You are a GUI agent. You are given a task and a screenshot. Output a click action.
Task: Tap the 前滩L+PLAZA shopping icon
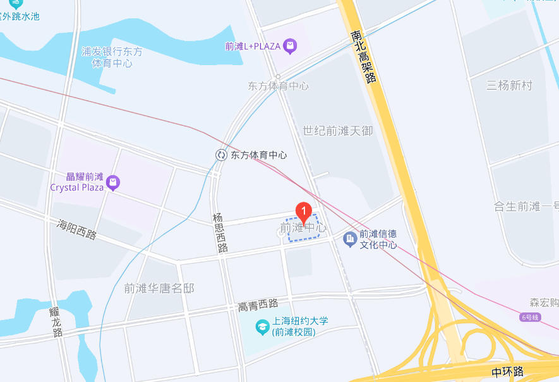pyautogui.click(x=290, y=46)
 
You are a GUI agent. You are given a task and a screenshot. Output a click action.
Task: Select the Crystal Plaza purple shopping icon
pyautogui.click(x=113, y=183)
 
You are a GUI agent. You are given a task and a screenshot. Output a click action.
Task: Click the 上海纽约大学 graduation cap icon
pyautogui.click(x=260, y=327)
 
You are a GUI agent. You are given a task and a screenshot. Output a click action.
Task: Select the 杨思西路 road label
pyautogui.click(x=220, y=233)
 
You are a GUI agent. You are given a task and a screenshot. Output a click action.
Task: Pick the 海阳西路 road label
pyautogui.click(x=76, y=230)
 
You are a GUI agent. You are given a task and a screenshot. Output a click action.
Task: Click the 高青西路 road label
pyautogui.click(x=258, y=305)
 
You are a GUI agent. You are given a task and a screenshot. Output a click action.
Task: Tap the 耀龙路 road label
pyautogui.click(x=56, y=323)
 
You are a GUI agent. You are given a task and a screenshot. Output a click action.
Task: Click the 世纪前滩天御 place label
pyautogui.click(x=338, y=131)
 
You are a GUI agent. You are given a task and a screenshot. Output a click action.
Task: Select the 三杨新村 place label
pyautogui.click(x=510, y=85)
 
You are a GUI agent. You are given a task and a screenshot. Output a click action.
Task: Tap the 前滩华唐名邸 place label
pyautogui.click(x=159, y=288)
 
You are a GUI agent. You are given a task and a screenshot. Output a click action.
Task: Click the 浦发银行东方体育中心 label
pyautogui.click(x=112, y=58)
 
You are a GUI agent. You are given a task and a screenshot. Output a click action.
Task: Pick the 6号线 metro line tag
pyautogui.click(x=531, y=317)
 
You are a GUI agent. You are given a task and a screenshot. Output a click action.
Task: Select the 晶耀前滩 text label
pyautogui.click(x=85, y=177)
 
